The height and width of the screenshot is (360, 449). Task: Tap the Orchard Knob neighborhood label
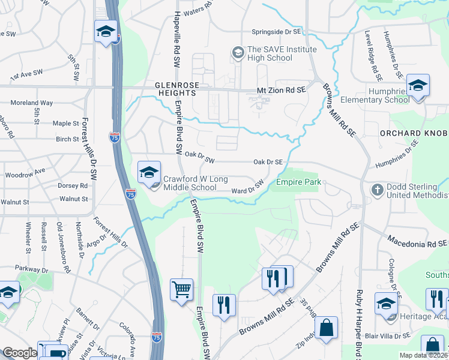(414, 133)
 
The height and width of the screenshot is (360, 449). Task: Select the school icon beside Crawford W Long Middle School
(148, 173)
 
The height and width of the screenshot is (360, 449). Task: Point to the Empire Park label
(298, 182)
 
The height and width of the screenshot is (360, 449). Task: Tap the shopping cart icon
(181, 290)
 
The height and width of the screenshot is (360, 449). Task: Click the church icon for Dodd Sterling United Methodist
(377, 190)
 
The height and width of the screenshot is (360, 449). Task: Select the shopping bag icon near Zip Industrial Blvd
(326, 328)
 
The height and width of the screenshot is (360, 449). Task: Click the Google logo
(20, 353)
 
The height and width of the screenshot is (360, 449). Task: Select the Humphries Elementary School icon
(418, 85)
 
